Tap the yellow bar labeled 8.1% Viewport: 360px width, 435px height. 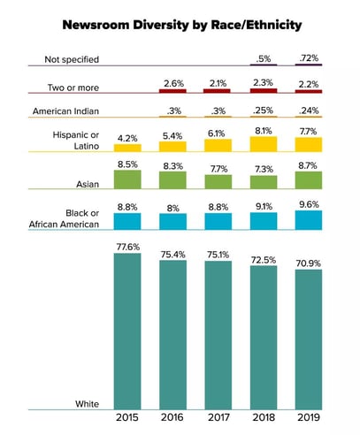[x=264, y=143]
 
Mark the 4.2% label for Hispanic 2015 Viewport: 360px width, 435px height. [x=130, y=137]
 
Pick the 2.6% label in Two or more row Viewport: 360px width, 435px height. [x=174, y=81]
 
